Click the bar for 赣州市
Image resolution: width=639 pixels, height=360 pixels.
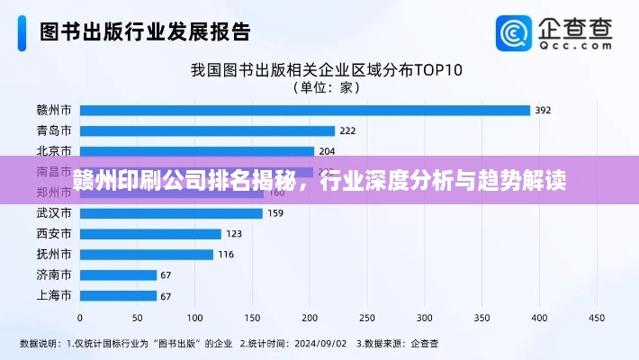pyautogui.click(x=304, y=110)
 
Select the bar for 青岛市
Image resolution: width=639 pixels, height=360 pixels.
pyautogui.click(x=207, y=130)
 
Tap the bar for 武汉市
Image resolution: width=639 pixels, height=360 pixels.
pyautogui.click(x=171, y=213)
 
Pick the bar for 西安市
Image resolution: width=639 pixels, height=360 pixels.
pyautogui.click(x=150, y=234)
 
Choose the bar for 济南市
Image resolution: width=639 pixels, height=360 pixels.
pyautogui.click(x=118, y=275)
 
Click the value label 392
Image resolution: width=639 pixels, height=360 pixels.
pyautogui.click(x=543, y=111)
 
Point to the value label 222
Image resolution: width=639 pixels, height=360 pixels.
pyautogui.click(x=347, y=131)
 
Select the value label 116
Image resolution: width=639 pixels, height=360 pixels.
pyautogui.click(x=226, y=255)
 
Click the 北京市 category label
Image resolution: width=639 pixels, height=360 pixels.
pyautogui.click(x=54, y=151)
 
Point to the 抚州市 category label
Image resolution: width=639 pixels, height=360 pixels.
pyautogui.click(x=54, y=255)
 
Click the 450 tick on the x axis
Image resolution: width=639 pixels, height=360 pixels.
pyautogui.click(x=596, y=318)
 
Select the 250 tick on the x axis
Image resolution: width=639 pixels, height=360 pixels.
pyautogui.click(x=366, y=318)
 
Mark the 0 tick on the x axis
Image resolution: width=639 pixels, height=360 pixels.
pyautogui.click(x=80, y=318)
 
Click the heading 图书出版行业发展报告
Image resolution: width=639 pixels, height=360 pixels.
pyautogui.click(x=145, y=32)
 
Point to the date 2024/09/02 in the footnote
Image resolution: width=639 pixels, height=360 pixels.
pyautogui.click(x=320, y=343)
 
